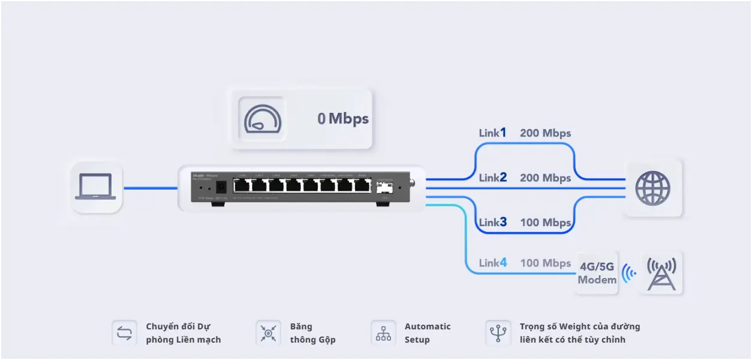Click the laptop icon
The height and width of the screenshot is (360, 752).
95,187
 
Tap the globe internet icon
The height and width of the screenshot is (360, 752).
652,188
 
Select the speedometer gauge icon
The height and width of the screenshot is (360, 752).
263,118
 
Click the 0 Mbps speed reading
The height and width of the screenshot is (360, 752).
343,119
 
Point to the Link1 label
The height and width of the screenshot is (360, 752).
492,133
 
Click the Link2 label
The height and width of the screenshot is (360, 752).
492,178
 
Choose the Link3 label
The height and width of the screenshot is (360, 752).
492,223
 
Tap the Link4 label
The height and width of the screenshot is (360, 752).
492,263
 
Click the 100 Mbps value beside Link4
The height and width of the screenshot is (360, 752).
545,263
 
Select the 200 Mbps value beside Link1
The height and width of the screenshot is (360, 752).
545,133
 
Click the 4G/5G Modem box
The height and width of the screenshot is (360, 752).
597,272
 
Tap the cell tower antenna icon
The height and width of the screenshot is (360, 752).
661,273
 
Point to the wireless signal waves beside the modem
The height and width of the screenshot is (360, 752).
628,273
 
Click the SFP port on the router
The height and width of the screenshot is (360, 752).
383,187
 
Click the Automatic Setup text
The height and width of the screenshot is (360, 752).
427,333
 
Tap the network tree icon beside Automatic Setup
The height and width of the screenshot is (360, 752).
383,333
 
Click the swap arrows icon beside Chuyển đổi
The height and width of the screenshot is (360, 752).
124,333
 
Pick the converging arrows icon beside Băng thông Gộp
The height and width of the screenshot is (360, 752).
268,333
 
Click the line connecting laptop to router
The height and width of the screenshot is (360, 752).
150,188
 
